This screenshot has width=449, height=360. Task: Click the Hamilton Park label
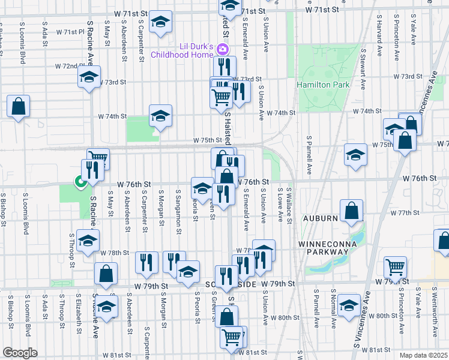coord(323,85)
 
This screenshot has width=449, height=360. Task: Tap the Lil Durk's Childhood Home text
coord(182,51)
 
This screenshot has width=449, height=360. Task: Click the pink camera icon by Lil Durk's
coord(223,49)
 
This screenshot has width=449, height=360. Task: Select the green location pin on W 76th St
coord(79,181)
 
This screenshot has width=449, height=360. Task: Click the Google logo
coord(20,353)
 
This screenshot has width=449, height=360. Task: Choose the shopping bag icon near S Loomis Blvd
coord(18,107)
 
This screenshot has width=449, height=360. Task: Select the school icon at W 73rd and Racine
coord(89,78)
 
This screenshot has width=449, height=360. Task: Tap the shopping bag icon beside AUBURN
coord(351,211)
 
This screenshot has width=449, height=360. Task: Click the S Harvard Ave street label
coord(379,37)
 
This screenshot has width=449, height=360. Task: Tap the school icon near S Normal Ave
coord(349,305)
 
